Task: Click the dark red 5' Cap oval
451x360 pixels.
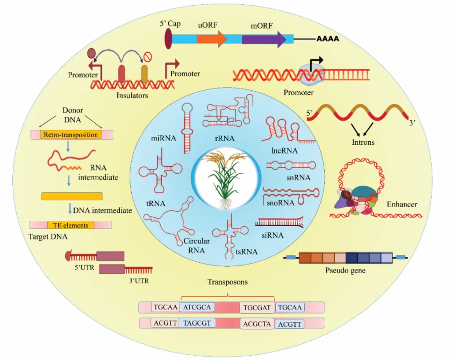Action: pyautogui.click(x=168, y=38)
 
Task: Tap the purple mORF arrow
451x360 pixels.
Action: pyautogui.click(x=263, y=39)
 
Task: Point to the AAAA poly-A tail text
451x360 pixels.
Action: pyautogui.click(x=327, y=39)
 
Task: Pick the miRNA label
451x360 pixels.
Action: pyautogui.click(x=163, y=139)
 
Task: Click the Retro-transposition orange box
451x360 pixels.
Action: pyautogui.click(x=70, y=135)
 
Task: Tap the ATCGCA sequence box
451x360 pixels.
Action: pyautogui.click(x=197, y=307)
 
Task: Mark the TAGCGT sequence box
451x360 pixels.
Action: pyautogui.click(x=197, y=323)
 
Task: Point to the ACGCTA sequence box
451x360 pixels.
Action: pyautogui.click(x=257, y=324)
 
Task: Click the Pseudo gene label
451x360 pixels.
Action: pyautogui.click(x=345, y=270)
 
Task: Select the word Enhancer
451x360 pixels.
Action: pyautogui.click(x=402, y=204)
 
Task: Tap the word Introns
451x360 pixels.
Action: pyautogui.click(x=363, y=142)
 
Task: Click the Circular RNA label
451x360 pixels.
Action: pyautogui.click(x=196, y=245)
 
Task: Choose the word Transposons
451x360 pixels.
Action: pyautogui.click(x=228, y=282)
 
